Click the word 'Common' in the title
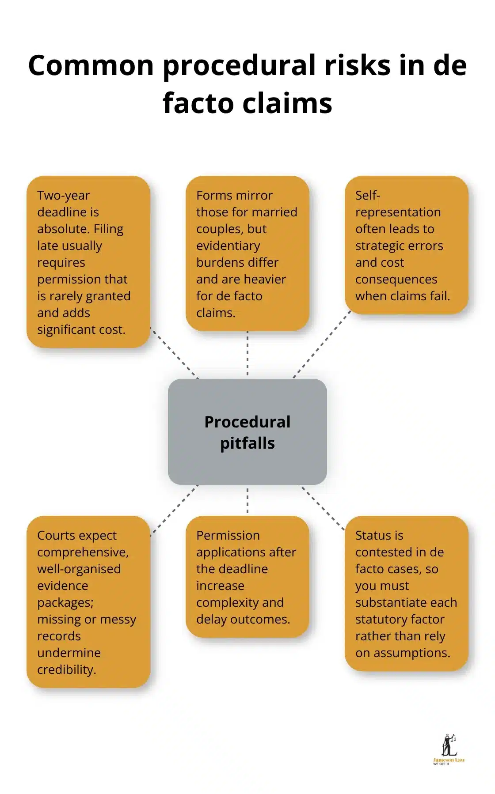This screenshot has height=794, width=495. coord(91,65)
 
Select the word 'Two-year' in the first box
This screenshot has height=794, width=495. coord(63,195)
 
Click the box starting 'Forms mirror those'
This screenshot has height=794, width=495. coord(247,253)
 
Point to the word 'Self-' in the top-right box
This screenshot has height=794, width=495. coord(367,195)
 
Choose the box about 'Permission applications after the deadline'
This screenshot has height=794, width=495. coord(247,576)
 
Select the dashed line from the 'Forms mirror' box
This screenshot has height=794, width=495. coord(247,355)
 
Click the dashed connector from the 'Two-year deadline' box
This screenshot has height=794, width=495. coord(174,353)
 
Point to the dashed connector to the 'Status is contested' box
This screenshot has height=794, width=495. coord(321,507)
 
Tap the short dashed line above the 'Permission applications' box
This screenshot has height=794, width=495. coord(247,500)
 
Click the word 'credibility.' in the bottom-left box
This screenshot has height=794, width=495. coord(66,669)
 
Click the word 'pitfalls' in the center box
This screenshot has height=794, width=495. coord(247,443)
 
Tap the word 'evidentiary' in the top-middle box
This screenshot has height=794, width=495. coord(228,246)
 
